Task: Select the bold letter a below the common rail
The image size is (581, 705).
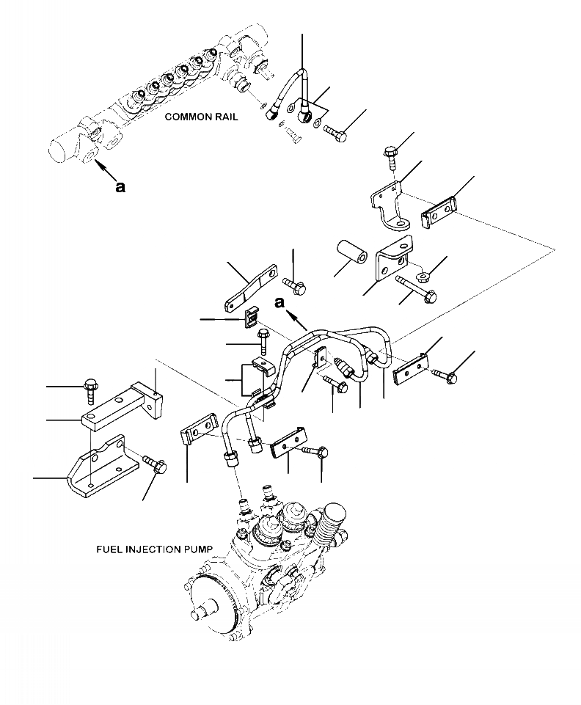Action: (120, 186)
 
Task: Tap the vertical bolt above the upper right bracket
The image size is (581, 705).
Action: (390, 158)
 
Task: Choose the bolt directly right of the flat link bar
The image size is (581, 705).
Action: (296, 283)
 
